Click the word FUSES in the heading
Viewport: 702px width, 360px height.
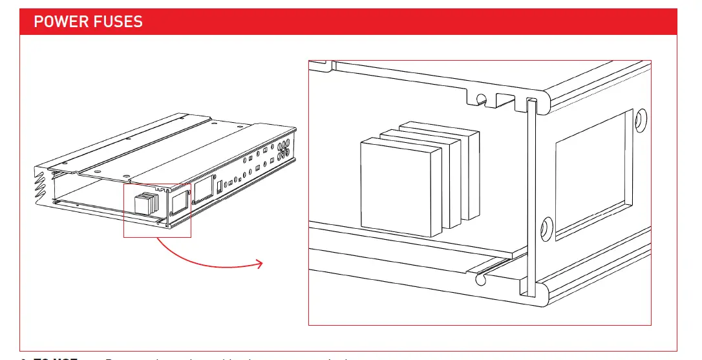point(120,21)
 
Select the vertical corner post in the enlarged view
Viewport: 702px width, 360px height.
point(531,194)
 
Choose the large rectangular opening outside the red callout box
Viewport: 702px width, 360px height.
point(204,189)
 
